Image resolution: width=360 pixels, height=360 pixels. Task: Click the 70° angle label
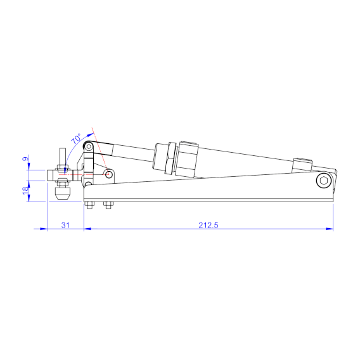coord(75,138)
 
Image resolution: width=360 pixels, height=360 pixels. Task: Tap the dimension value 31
coord(65,224)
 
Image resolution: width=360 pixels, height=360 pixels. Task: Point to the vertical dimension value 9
coord(26,159)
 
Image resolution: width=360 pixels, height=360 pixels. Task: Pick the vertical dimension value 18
coord(26,190)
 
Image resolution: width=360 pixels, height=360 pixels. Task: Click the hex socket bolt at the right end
coord(325,182)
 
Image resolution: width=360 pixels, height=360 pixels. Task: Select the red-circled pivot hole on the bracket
coord(109,173)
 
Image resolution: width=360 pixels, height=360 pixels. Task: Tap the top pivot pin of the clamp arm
coord(89,146)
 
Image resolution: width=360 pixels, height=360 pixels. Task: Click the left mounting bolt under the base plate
coord(90,205)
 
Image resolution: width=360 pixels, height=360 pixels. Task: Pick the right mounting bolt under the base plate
coord(107,205)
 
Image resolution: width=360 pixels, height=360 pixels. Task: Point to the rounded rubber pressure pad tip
coord(61,193)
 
